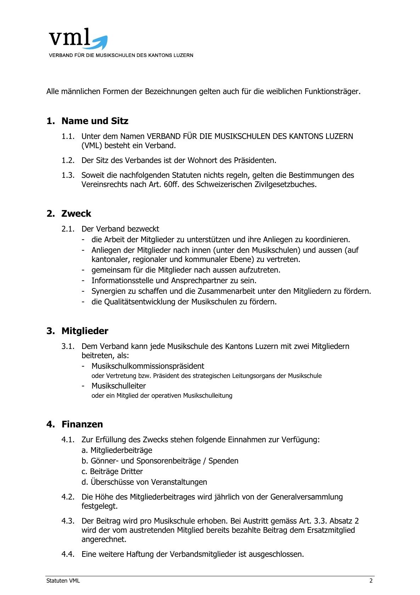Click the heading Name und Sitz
95,121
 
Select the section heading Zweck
76,214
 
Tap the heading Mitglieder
85,331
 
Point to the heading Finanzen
82,424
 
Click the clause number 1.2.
68,161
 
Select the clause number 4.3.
68,521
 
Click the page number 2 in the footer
371,581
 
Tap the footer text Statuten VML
63,581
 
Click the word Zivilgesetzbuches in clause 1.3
285,185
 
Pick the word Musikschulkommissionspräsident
148,366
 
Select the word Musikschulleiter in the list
119,386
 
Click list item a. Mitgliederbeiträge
117,450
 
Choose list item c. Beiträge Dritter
112,472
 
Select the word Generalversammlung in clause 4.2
306,497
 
